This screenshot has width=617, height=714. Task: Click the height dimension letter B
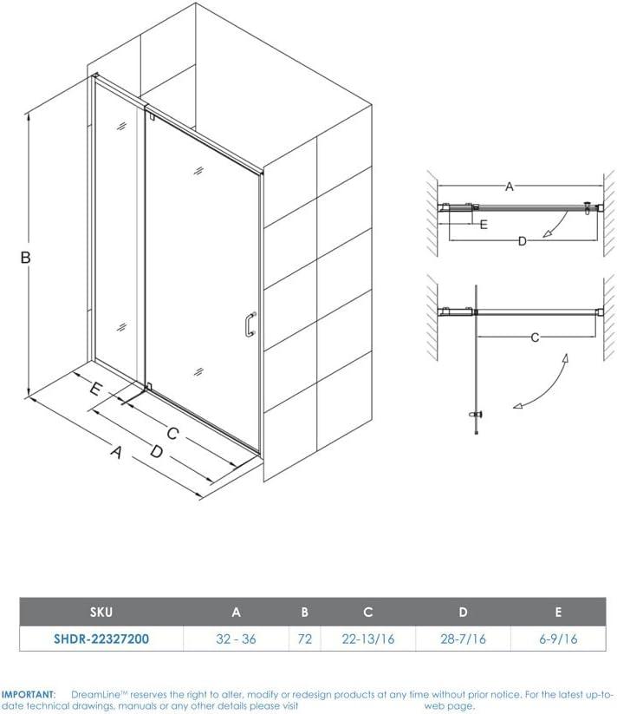pyautogui.click(x=27, y=257)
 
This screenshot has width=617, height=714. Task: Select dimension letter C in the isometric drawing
pyautogui.click(x=172, y=433)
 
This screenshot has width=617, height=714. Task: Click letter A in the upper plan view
pyautogui.click(x=510, y=187)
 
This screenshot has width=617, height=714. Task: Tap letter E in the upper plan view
pyautogui.click(x=484, y=224)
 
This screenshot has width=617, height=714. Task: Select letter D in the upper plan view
pyautogui.click(x=522, y=241)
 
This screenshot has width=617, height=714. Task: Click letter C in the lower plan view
pyautogui.click(x=535, y=337)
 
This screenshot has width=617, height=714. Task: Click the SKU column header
pyautogui.click(x=102, y=612)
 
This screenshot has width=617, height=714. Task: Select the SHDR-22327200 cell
pyautogui.click(x=102, y=638)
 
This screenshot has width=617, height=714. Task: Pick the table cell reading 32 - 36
pyautogui.click(x=236, y=638)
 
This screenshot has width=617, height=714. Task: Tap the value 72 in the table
pyautogui.click(x=304, y=638)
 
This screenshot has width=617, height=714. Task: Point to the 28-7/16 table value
pyautogui.click(x=464, y=638)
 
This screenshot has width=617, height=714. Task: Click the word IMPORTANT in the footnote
pyautogui.click(x=29, y=694)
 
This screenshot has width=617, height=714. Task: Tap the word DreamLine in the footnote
pyautogui.click(x=95, y=694)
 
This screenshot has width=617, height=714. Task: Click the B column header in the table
pyautogui.click(x=304, y=612)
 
